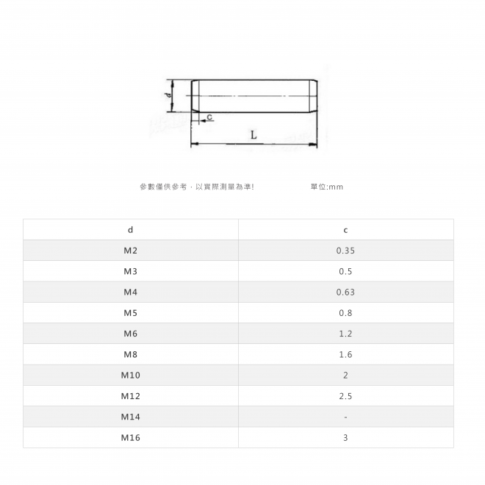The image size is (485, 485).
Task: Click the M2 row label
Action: [x=130, y=251]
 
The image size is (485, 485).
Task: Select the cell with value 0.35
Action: [x=345, y=251]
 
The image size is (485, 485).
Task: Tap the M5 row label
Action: [x=130, y=313]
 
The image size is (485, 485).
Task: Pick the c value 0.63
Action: [x=345, y=292]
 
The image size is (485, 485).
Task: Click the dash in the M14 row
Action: [x=345, y=417]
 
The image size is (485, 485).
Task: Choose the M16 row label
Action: [x=130, y=438]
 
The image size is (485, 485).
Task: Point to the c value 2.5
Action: [x=345, y=396]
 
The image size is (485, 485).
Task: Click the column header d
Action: [x=130, y=230]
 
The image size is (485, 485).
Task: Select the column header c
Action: [x=345, y=230]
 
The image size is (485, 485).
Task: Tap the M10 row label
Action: [x=130, y=376]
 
